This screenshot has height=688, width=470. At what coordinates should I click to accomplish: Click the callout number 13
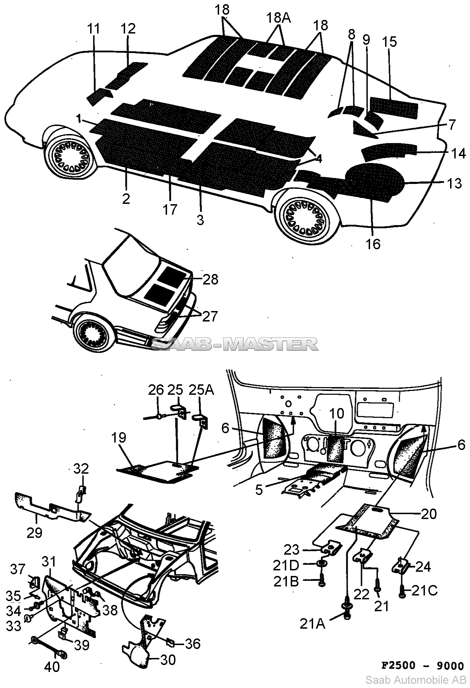(x=454, y=183)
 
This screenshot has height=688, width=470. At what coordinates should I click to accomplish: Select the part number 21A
(x=312, y=624)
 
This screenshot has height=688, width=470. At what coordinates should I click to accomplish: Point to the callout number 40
(x=52, y=667)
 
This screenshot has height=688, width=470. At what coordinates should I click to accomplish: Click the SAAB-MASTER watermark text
(x=235, y=344)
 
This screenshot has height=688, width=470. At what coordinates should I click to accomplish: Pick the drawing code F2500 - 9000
(x=422, y=665)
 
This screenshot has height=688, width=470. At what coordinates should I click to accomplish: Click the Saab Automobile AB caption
(x=415, y=680)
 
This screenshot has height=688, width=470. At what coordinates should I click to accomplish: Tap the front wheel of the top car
(x=70, y=154)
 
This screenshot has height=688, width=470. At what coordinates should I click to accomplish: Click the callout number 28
(x=210, y=279)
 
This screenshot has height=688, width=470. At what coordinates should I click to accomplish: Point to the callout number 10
(x=337, y=414)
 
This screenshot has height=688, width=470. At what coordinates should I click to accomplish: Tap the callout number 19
(x=119, y=437)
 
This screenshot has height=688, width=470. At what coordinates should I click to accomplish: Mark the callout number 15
(x=389, y=42)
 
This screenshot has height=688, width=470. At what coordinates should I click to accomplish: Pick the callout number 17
(x=170, y=209)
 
